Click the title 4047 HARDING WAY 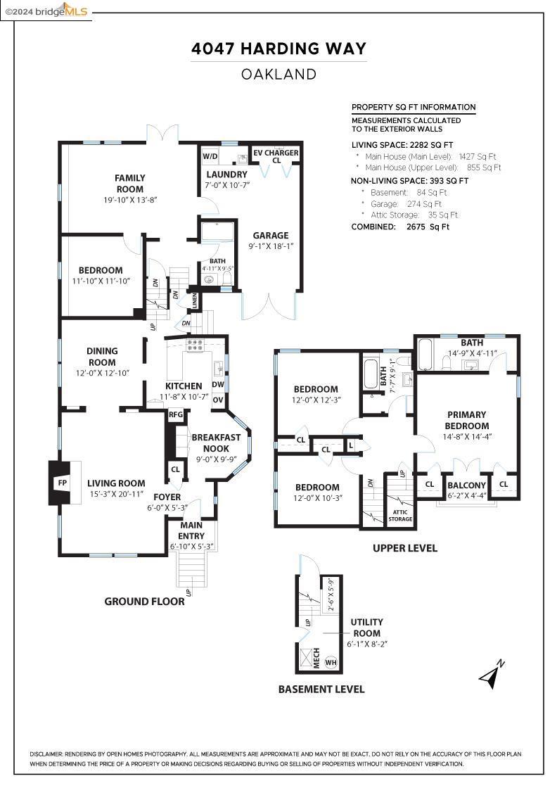click(278, 49)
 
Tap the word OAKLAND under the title click(278, 74)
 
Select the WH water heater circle click(331, 662)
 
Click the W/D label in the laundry click(210, 155)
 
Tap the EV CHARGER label click(276, 153)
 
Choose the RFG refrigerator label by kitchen click(175, 414)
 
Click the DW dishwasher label click(218, 385)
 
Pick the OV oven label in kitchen click(218, 400)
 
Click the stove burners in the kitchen click(195, 345)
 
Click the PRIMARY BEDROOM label click(466, 420)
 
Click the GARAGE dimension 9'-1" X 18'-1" click(271, 247)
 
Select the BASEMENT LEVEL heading click(321, 689)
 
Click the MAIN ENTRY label click(191, 530)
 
